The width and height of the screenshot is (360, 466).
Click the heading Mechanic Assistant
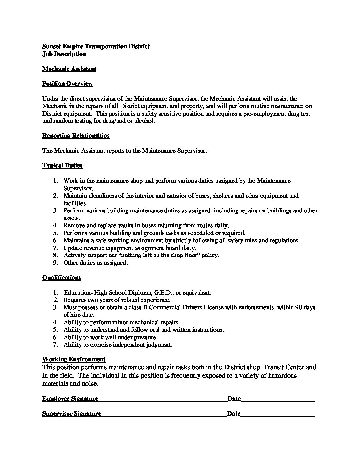pyautogui.click(x=69, y=69)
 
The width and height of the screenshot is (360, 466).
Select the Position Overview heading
pyautogui.click(x=67, y=84)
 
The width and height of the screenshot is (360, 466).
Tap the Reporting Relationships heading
pyautogui.click(x=76, y=136)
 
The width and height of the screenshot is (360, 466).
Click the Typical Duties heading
pyautogui.click(x=62, y=165)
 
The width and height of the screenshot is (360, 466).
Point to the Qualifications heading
pyautogui.click(x=62, y=278)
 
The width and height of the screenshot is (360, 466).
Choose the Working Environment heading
pyautogui.click(x=74, y=359)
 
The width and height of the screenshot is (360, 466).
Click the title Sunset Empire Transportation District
pyautogui.click(x=96, y=46)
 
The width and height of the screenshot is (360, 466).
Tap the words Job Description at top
pyautogui.click(x=64, y=54)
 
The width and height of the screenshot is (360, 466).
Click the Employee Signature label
pyautogui.click(x=70, y=399)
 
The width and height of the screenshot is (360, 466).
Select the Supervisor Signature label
pyautogui.click(x=72, y=414)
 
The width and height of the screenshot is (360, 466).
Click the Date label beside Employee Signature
pyautogui.click(x=234, y=399)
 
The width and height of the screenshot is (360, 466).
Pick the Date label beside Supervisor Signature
pyautogui.click(x=234, y=414)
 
